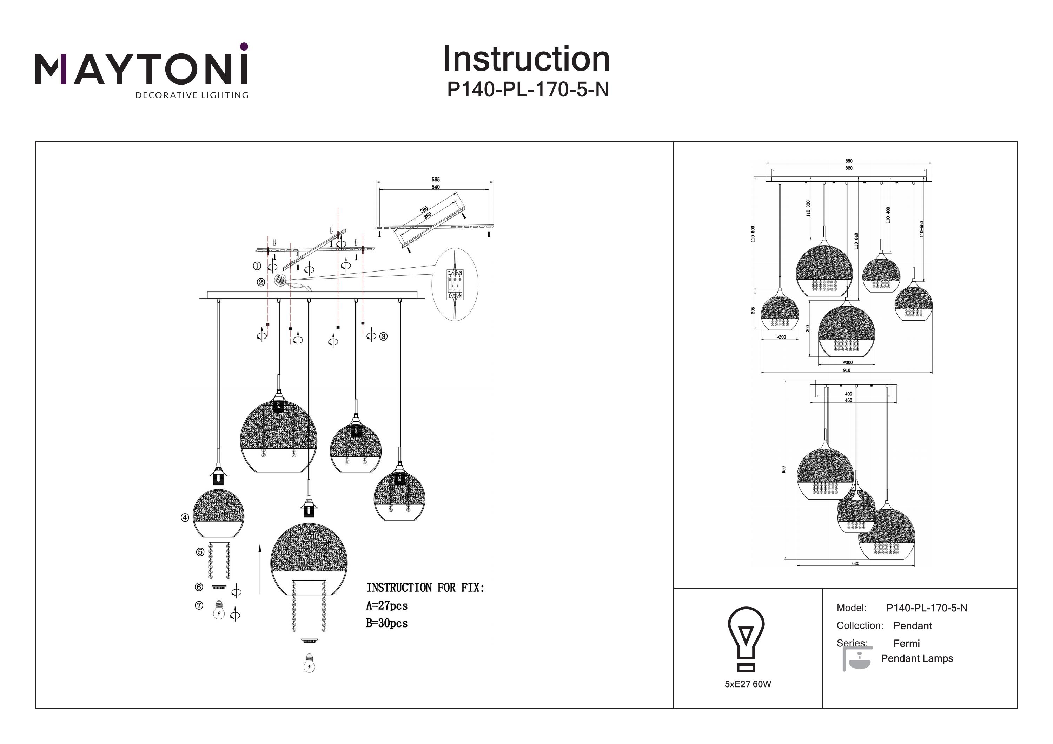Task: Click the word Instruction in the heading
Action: click(x=526, y=59)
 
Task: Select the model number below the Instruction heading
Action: click(x=528, y=90)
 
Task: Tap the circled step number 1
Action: click(x=257, y=266)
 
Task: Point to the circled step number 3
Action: click(x=383, y=336)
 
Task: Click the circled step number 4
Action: click(x=185, y=517)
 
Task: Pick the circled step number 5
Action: click(x=200, y=552)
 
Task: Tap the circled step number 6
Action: click(x=199, y=587)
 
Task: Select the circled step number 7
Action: click(x=199, y=605)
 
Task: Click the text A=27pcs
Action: click(x=386, y=606)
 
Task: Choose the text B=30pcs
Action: click(x=386, y=623)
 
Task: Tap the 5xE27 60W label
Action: click(x=748, y=684)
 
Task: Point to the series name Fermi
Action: click(x=906, y=644)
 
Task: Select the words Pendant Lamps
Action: click(x=917, y=659)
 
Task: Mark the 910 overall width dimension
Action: click(x=847, y=370)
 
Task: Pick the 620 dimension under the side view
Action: click(x=855, y=563)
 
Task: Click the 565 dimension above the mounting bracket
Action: click(x=435, y=180)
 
